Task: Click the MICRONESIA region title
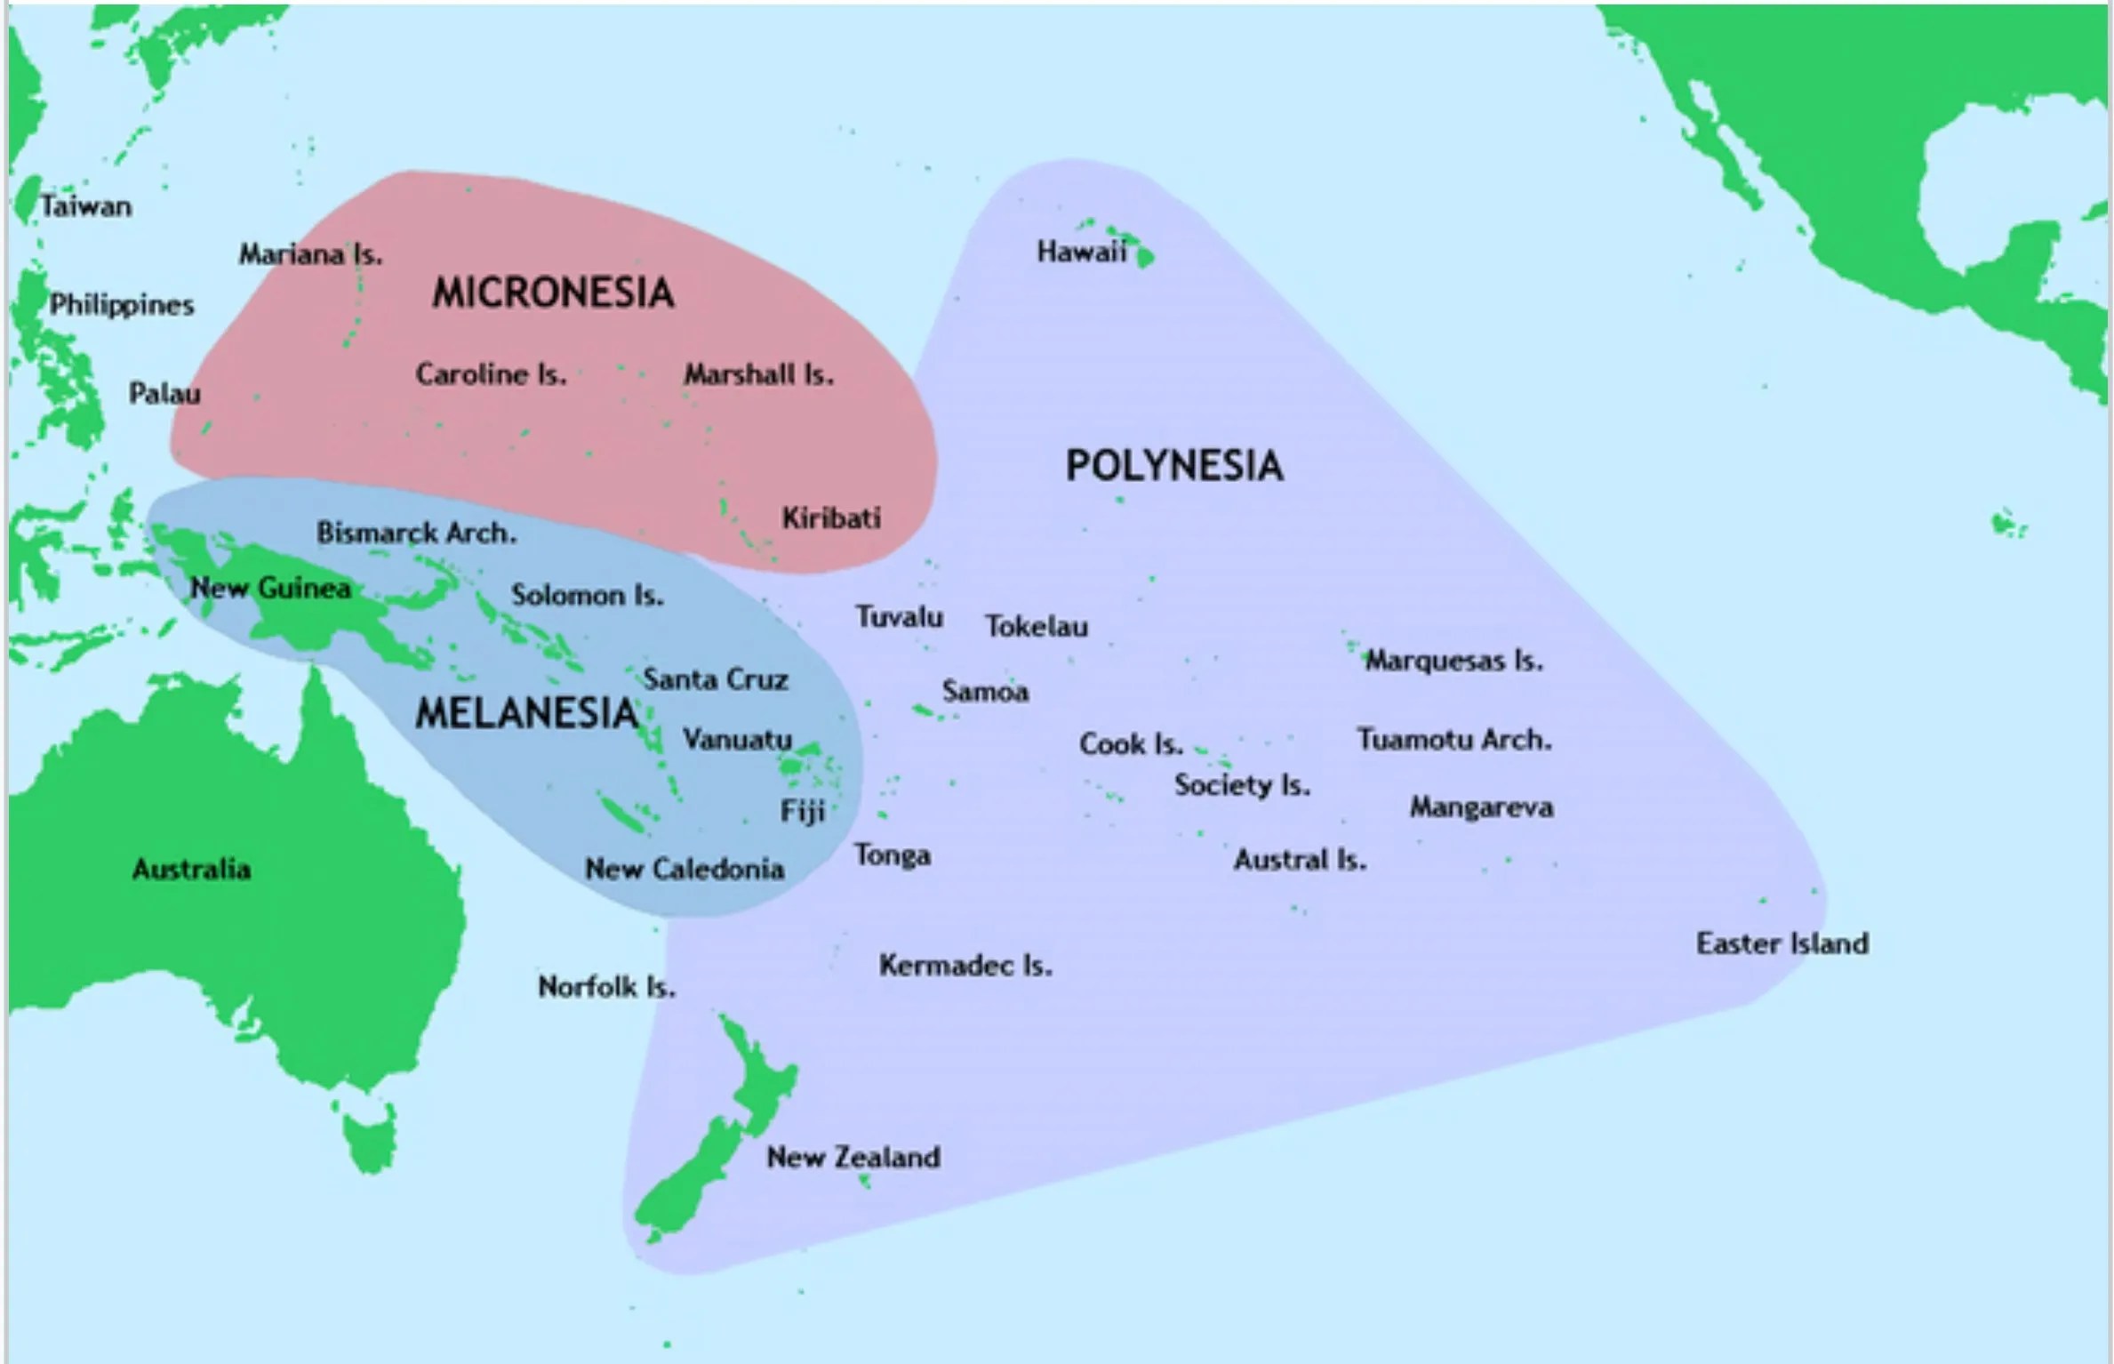tap(553, 293)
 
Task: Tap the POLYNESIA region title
tap(1173, 466)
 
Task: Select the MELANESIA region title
tap(526, 713)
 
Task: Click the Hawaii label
tap(1080, 253)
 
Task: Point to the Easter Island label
tap(1782, 943)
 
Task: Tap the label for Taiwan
tap(85, 207)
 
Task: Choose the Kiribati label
tap(831, 518)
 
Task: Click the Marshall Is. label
tap(758, 375)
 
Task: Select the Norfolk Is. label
tap(606, 987)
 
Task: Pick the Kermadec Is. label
tap(965, 966)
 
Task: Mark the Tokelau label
tap(1036, 627)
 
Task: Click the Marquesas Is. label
tap(1453, 661)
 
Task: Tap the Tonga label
tap(892, 855)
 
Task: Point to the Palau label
tap(164, 393)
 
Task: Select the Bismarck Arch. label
tap(416, 534)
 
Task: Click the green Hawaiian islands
tap(1141, 256)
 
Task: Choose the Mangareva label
tap(1481, 807)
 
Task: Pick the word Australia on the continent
tap(191, 869)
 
